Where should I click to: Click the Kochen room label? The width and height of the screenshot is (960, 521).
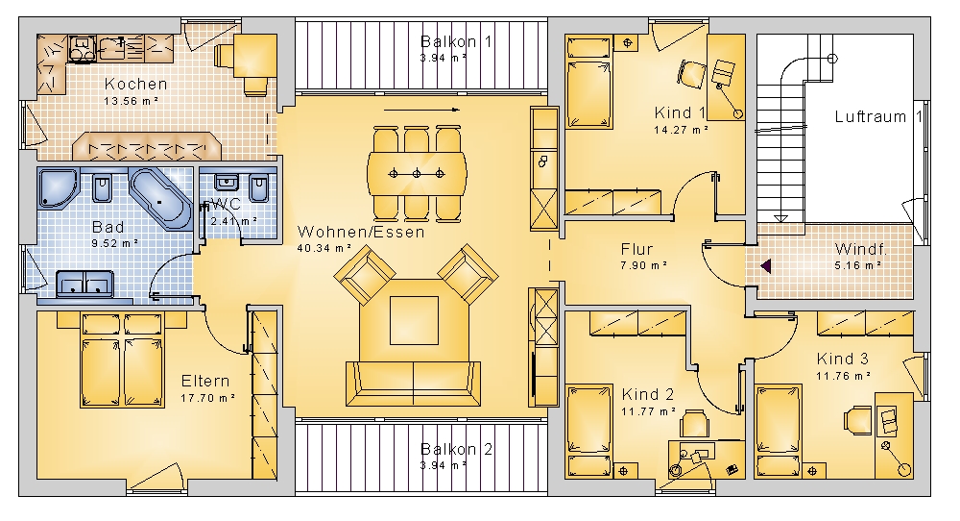pos(135,84)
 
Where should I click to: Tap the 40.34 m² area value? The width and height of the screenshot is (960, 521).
pos(324,248)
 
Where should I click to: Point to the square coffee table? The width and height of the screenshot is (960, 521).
pos(414,320)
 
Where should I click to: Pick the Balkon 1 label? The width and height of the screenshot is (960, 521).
pos(456,41)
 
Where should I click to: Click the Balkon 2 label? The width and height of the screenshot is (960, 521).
pos(456,449)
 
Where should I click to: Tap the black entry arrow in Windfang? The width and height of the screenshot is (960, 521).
pos(765,266)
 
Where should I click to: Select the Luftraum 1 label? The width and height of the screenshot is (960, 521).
pos(878,116)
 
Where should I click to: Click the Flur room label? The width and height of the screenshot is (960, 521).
pos(636,249)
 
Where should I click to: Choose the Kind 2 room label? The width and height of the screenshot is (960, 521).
pos(648,394)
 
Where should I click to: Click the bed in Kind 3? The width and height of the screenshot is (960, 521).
pos(779,431)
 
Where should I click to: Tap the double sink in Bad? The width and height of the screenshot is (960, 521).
pos(85,285)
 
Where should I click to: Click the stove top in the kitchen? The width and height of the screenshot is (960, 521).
pos(82,49)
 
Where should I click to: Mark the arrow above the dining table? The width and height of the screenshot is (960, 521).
pos(421,111)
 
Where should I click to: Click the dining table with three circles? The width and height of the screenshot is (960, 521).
pos(417,174)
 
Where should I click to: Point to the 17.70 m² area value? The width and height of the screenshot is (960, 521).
pos(208,398)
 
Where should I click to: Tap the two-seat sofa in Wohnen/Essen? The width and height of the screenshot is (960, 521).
pos(413,385)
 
